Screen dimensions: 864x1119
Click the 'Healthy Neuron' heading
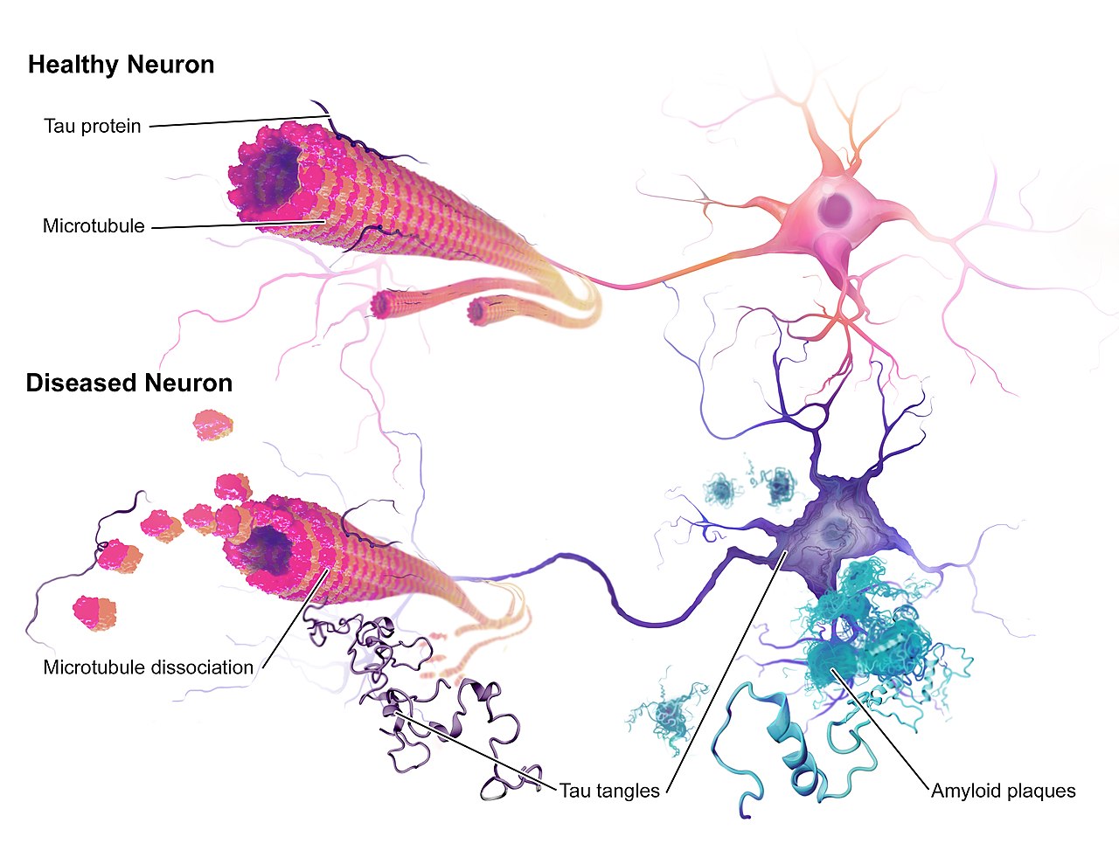[x=121, y=65]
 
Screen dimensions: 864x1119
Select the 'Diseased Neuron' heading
[x=129, y=384]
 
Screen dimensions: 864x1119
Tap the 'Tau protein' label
[x=92, y=126]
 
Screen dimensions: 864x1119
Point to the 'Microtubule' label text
[x=94, y=226]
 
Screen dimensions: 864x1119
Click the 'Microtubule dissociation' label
[x=148, y=667]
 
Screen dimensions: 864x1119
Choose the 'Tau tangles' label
[x=609, y=791]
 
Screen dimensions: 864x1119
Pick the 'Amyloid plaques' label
[x=1003, y=791]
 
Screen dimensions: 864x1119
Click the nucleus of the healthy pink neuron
[x=838, y=208]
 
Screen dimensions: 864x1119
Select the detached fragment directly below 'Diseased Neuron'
[x=212, y=424]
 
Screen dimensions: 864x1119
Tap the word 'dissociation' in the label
[x=202, y=667]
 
